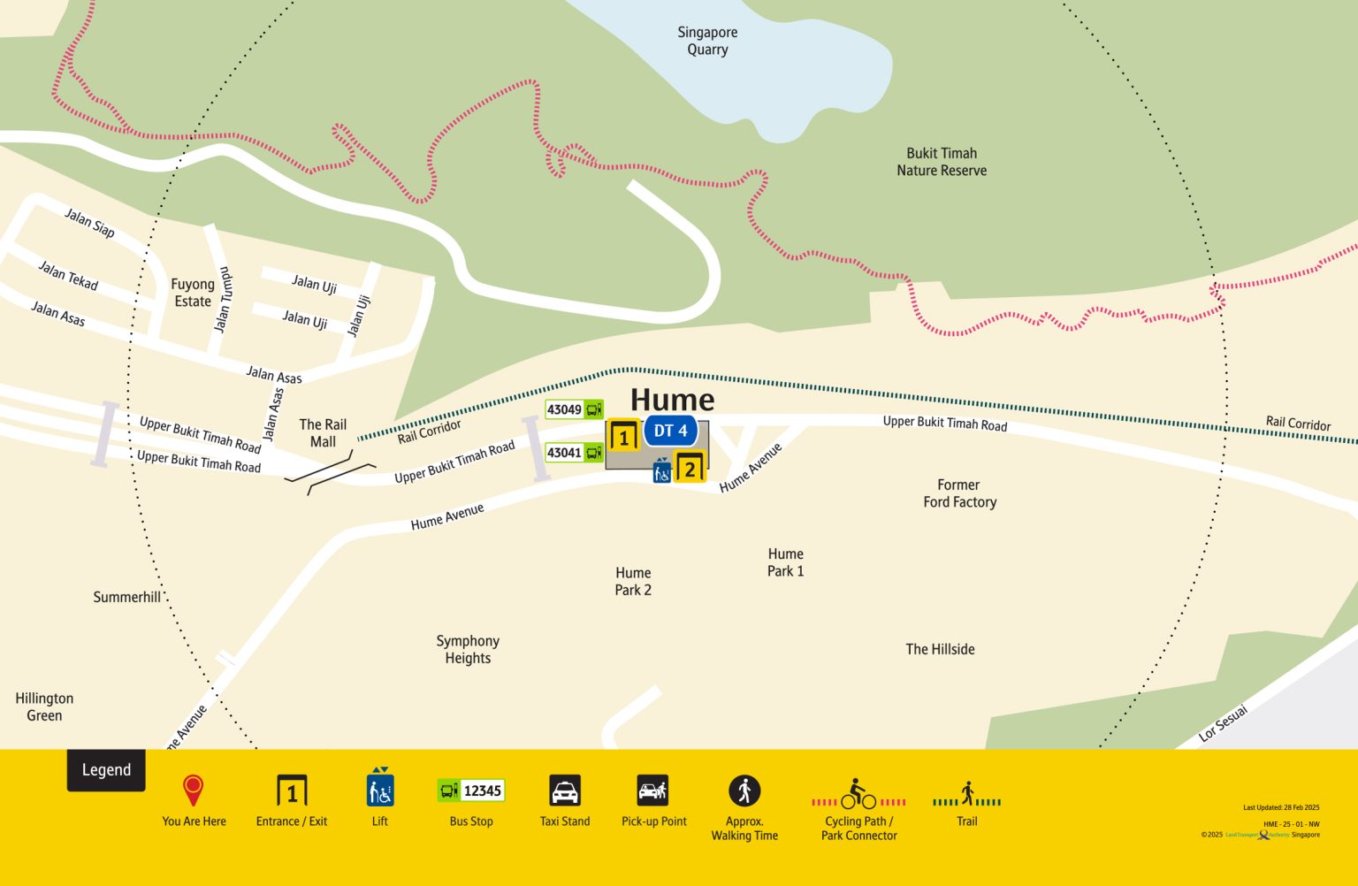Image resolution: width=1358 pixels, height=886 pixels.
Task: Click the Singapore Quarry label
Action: [x=707, y=41]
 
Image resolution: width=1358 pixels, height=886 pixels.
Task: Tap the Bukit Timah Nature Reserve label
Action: [x=942, y=162]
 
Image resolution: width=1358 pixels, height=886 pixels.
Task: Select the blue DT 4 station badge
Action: [x=671, y=431]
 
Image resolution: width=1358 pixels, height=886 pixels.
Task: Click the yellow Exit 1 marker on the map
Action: [x=624, y=437]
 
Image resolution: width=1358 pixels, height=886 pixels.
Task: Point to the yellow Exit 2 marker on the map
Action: [x=690, y=469]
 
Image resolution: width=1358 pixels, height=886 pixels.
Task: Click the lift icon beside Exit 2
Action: [x=662, y=471]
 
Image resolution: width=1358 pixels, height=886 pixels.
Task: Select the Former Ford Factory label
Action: [x=959, y=493]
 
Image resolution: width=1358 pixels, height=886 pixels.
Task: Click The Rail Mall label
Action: [x=323, y=433]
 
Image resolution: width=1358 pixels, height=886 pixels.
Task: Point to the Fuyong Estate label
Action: [x=193, y=293]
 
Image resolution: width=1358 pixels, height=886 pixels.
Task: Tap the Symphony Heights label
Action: [x=468, y=649]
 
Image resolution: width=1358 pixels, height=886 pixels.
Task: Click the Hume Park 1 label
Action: [x=785, y=562]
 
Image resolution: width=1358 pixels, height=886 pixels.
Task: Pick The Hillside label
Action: [x=940, y=649]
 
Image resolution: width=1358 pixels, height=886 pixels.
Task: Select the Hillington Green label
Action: [x=44, y=707]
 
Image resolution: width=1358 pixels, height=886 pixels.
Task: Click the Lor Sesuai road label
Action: [x=1224, y=723]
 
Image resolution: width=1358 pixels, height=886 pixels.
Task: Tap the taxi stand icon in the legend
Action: [x=565, y=791]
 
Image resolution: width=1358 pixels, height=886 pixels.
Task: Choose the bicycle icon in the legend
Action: [x=858, y=794]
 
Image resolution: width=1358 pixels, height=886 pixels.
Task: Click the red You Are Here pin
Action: [x=193, y=790]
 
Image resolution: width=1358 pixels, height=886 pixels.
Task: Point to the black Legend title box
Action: [x=106, y=770]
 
